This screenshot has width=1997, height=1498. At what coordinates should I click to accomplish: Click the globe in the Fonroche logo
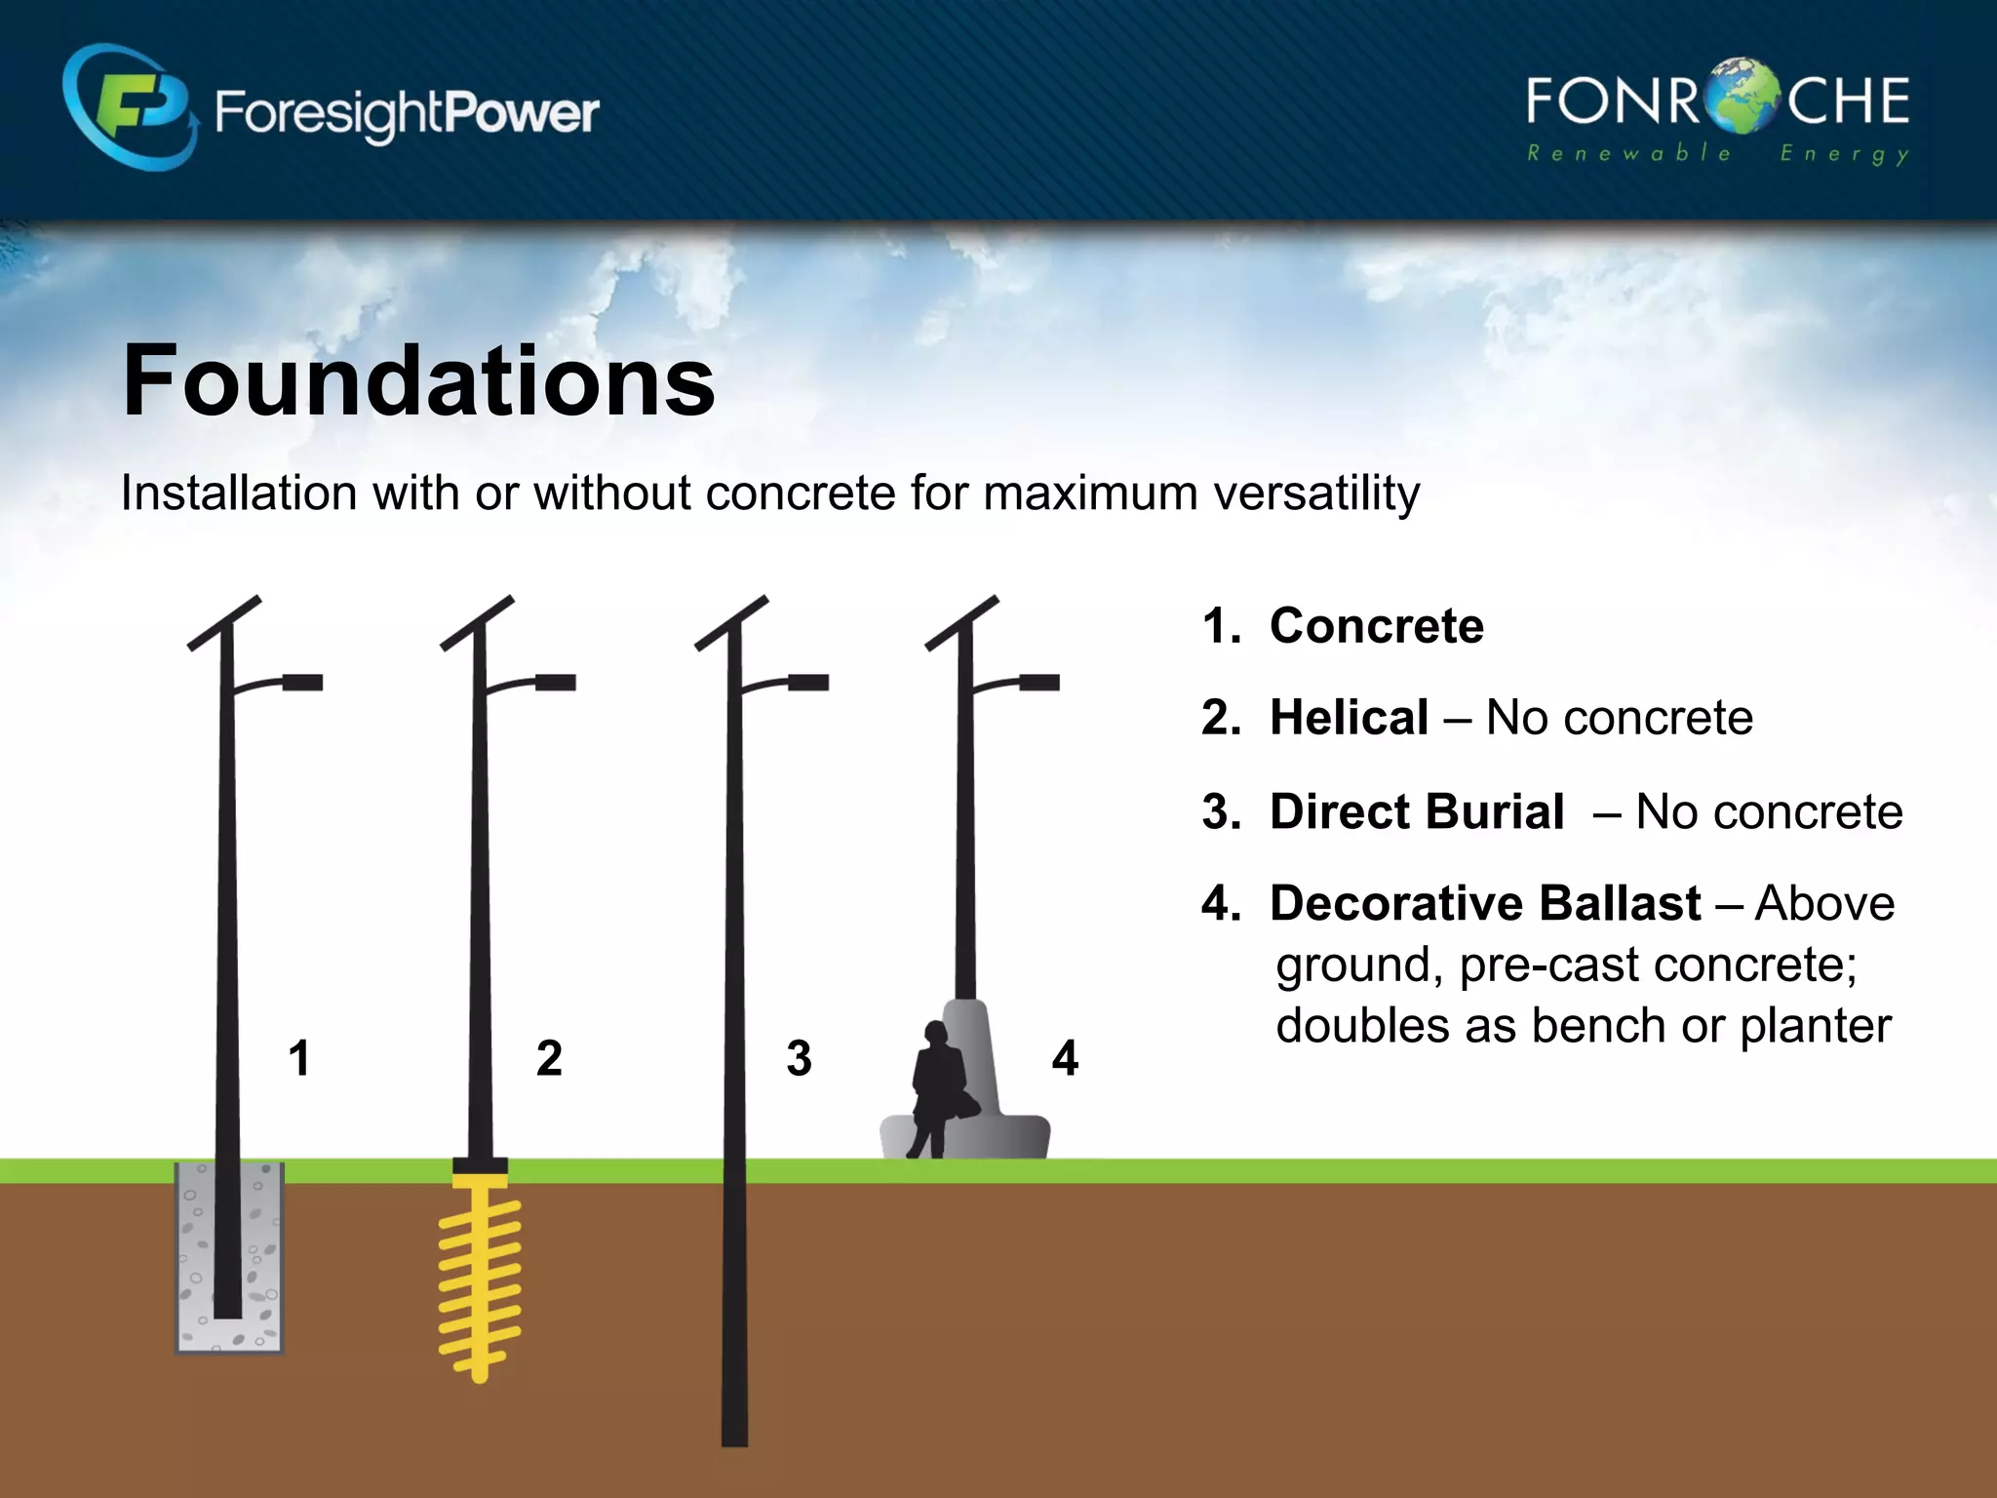point(1743,98)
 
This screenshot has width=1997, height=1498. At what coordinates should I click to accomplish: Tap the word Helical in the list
point(1349,718)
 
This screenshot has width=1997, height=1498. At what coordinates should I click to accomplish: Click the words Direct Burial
point(1416,811)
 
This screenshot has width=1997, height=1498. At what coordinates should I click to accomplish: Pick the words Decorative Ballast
point(1484,903)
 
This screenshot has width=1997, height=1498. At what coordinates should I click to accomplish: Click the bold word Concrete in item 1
point(1376,625)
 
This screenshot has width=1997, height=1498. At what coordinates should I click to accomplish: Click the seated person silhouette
point(938,1087)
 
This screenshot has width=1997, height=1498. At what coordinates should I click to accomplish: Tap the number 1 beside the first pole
point(299,1058)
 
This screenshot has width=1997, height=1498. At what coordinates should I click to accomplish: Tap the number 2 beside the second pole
point(549,1058)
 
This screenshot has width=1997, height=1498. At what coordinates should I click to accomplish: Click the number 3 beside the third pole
point(799,1058)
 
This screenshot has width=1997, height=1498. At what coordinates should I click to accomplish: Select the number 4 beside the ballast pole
point(1065,1058)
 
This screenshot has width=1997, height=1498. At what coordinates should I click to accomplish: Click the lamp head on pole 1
point(302,682)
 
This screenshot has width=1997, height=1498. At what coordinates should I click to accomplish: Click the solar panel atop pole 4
point(962,622)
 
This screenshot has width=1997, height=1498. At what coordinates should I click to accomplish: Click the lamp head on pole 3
point(808,682)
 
